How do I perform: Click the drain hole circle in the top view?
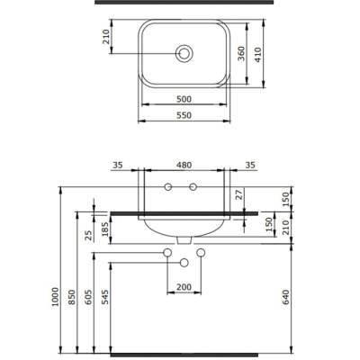point(184,54)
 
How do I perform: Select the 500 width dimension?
point(184,97)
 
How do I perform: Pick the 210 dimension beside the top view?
point(105,38)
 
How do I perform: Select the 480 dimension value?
point(184,165)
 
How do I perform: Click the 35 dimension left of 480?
point(118,165)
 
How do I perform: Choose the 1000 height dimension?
point(55,297)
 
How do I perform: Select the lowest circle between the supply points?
point(184,263)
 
